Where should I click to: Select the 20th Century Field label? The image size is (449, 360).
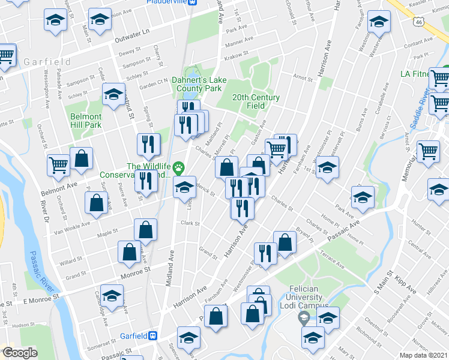coord(256,101)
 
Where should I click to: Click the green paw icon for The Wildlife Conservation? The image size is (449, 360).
coord(179,166)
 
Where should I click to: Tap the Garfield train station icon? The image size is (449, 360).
coord(153,336)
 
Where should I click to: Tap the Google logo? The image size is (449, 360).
coord(20,353)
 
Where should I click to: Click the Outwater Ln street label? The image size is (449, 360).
coord(131,40)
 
